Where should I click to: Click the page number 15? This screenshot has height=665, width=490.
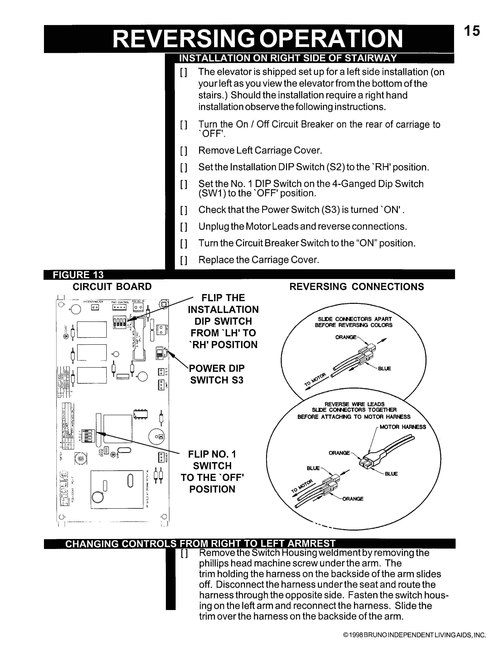pyautogui.click(x=472, y=31)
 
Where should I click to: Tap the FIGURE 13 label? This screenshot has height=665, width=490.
pyautogui.click(x=78, y=275)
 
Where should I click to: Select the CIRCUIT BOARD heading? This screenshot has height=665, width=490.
pyautogui.click(x=112, y=287)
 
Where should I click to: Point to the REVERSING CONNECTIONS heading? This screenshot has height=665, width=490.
pyautogui.click(x=357, y=287)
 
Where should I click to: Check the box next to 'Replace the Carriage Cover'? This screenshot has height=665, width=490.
pyautogui.click(x=184, y=260)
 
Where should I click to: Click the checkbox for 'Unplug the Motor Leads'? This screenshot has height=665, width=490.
pyautogui.click(x=184, y=227)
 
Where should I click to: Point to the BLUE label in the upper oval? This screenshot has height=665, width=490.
pyautogui.click(x=384, y=369)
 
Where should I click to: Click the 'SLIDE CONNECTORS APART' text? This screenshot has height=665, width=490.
pyautogui.click(x=354, y=319)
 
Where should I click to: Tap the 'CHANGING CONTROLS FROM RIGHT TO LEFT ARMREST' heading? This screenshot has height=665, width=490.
pyautogui.click(x=200, y=544)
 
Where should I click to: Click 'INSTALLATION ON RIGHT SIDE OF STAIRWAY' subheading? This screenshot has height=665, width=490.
pyautogui.click(x=288, y=58)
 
